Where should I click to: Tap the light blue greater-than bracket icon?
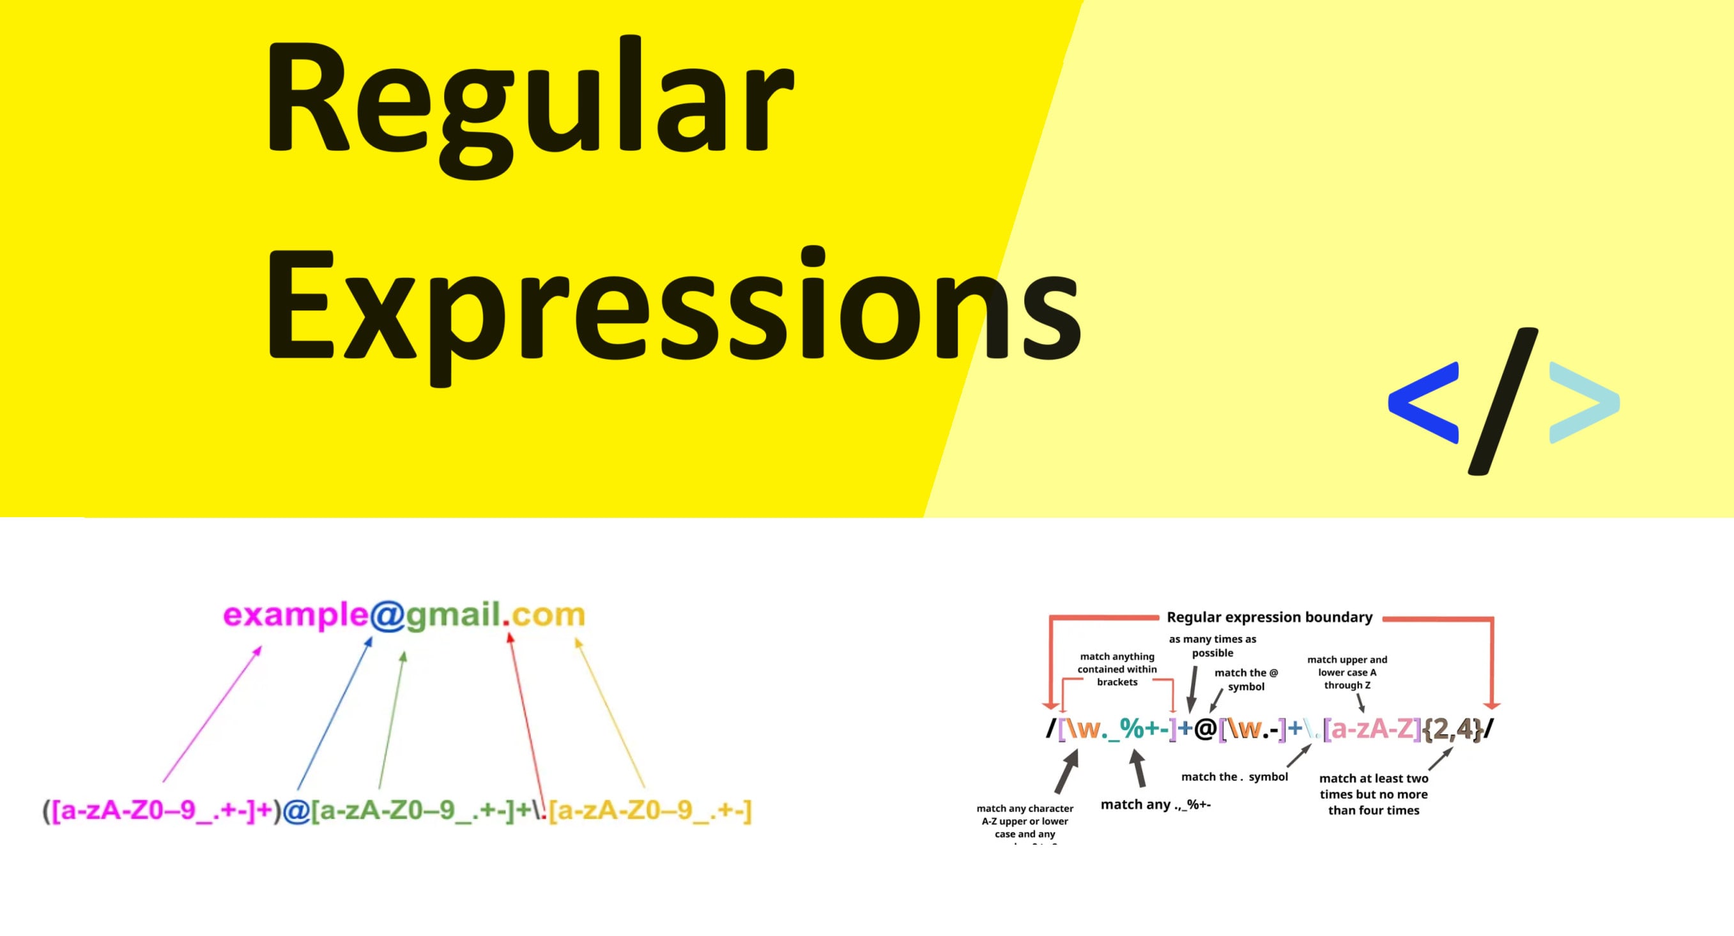pos(1583,402)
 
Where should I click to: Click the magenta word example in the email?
pos(296,615)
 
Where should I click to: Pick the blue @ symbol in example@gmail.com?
pos(387,615)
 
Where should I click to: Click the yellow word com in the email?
pos(548,615)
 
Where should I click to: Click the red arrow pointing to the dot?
pos(527,713)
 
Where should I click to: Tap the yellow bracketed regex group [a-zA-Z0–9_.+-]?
pos(650,810)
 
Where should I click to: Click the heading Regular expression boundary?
pos(1269,617)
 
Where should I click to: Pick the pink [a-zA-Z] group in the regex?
pos(1372,728)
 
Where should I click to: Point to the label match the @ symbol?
pos(1245,679)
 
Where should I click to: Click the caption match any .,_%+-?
pos(1155,804)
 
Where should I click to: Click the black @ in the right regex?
pos(1205,729)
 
